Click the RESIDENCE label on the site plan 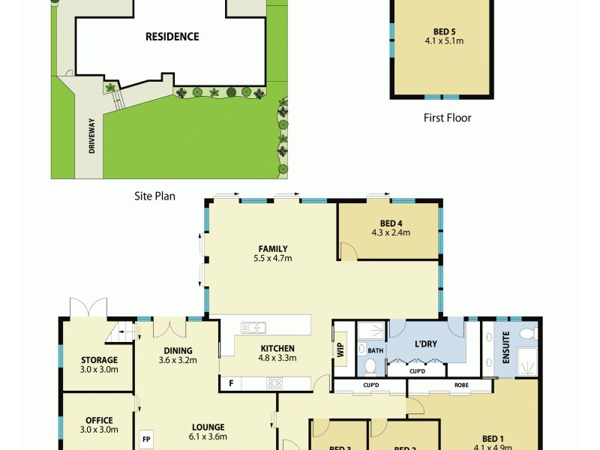tap(172, 36)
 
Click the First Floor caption tap(447, 118)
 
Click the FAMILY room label tap(272, 249)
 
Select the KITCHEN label tap(277, 348)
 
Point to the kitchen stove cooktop tap(274, 383)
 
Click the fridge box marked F tap(230, 383)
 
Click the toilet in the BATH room tap(370, 367)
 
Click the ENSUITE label tap(506, 346)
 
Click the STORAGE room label tap(99, 360)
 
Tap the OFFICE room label tap(99, 420)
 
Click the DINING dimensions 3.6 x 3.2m tap(178, 360)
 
